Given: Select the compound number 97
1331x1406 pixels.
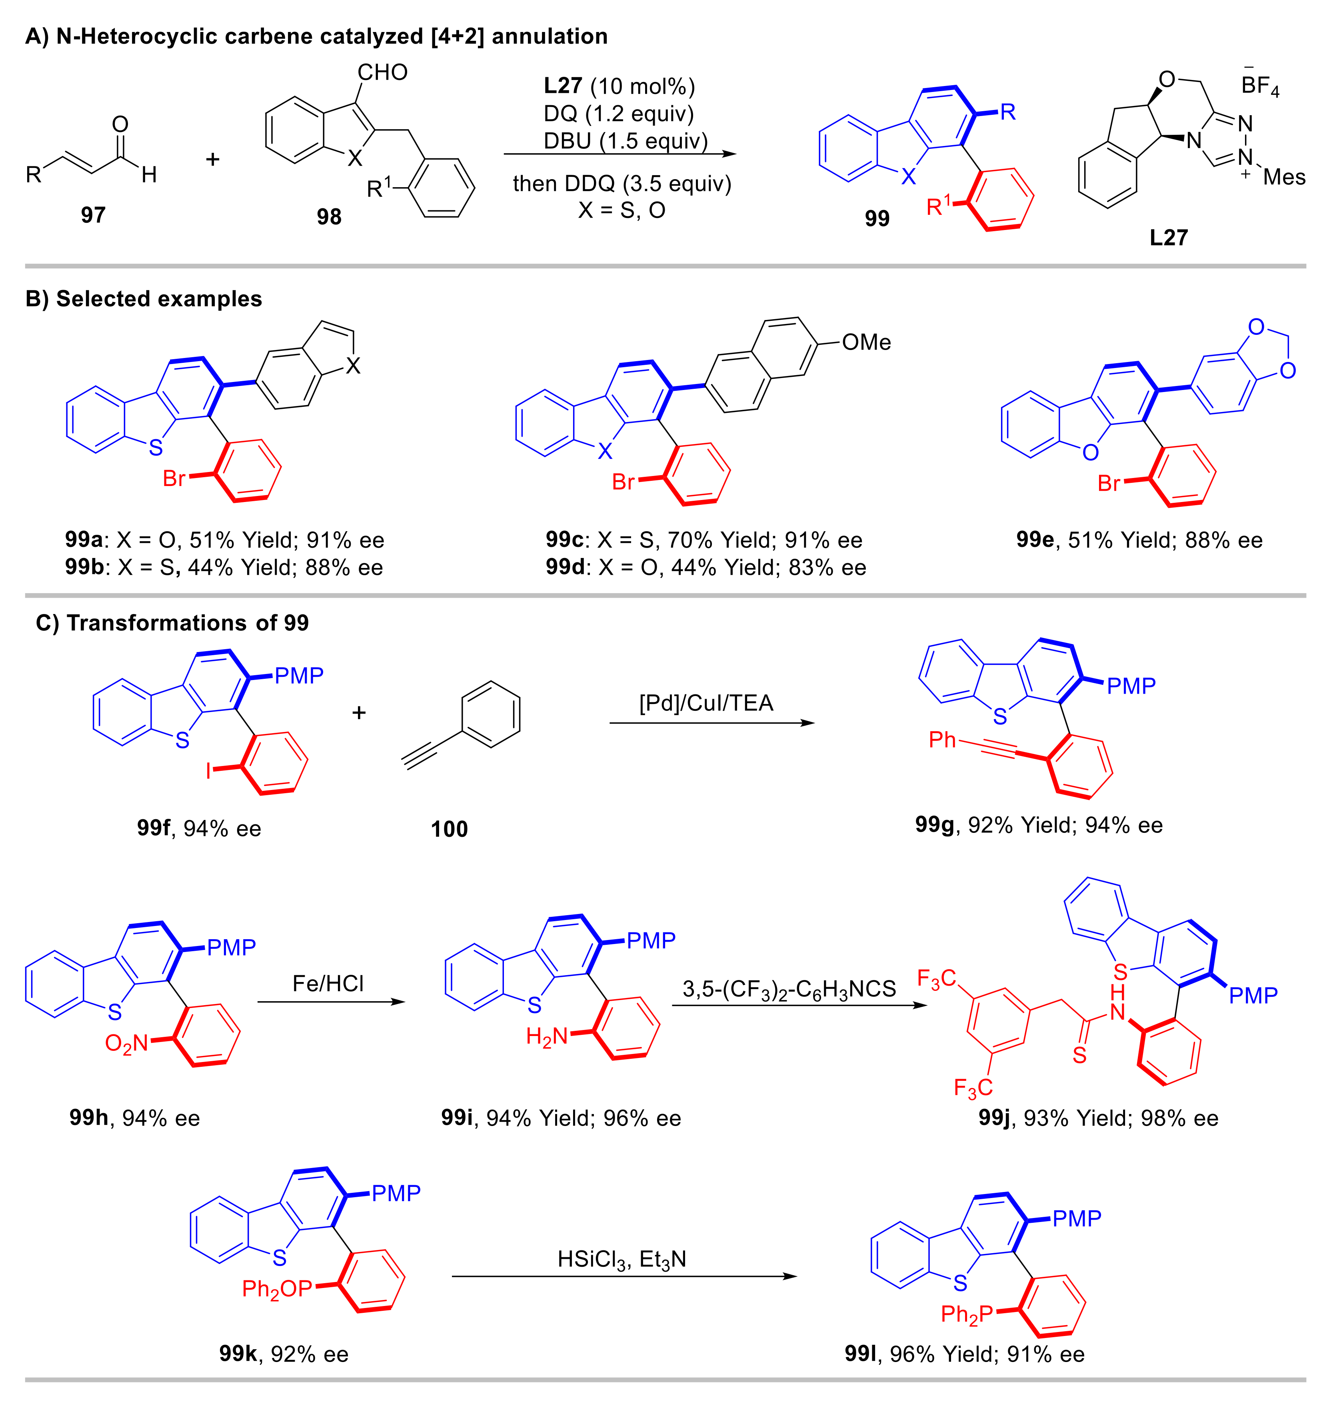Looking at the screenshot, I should tap(93, 214).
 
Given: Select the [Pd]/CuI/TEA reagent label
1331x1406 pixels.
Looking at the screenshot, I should tap(706, 703).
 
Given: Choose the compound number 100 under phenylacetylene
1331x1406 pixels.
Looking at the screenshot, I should tap(449, 829).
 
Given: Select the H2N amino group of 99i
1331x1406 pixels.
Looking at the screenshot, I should tap(547, 1037).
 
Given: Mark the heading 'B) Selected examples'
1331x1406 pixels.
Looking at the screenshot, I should tap(143, 299).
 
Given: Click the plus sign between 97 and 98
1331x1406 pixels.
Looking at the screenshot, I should tap(212, 159).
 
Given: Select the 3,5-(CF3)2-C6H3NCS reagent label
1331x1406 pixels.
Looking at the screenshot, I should tap(789, 989).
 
